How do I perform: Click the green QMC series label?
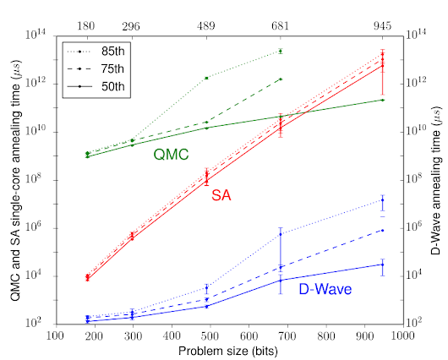pos(171,154)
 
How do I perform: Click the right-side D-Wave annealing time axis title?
pos(437,179)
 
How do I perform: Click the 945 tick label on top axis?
pos(383,25)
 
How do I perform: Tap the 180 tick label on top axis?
pos(87,25)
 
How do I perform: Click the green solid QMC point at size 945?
pos(383,100)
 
